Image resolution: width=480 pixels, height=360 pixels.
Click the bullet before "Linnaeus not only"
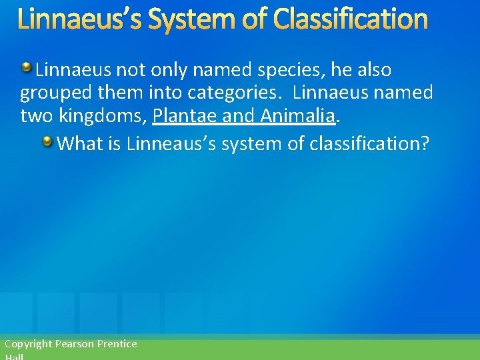pyautogui.click(x=26, y=67)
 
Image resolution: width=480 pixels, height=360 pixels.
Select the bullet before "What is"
pyautogui.click(x=48, y=141)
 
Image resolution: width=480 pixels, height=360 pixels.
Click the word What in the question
pyautogui.click(x=79, y=143)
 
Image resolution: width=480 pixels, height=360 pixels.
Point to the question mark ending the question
pyautogui.click(x=425, y=143)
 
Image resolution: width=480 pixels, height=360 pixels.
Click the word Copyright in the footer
pyautogui.click(x=28, y=344)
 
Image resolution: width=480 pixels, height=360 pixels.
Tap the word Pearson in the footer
pyautogui.click(x=75, y=344)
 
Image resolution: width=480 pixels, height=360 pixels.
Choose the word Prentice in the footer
pyautogui.click(x=117, y=344)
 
